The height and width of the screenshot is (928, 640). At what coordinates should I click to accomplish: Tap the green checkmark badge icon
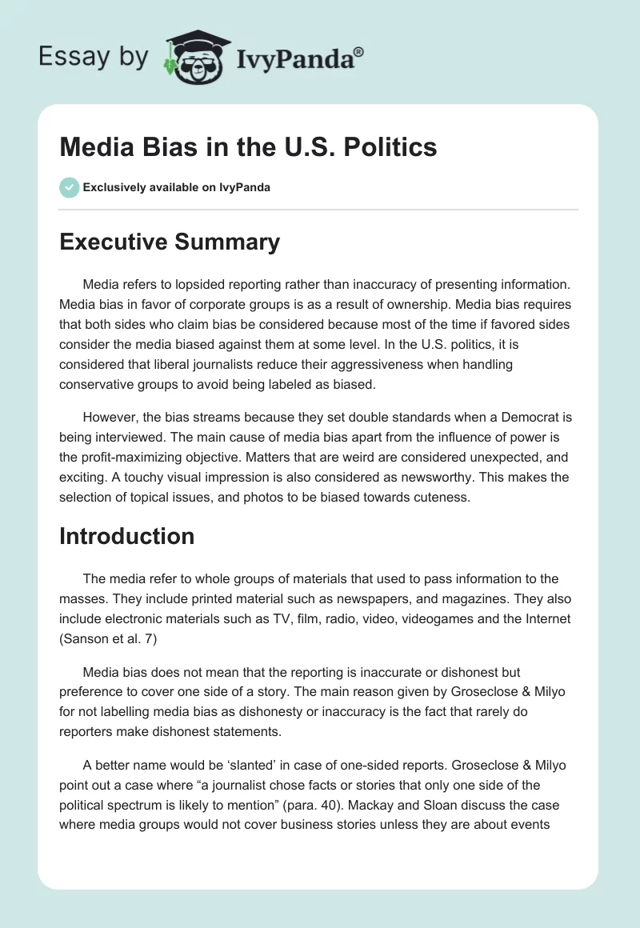click(x=69, y=187)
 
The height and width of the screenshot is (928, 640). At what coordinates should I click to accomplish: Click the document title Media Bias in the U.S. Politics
click(x=248, y=147)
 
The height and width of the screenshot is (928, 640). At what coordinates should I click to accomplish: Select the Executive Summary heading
click(x=170, y=242)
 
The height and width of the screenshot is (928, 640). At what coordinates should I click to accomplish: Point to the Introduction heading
click(x=126, y=535)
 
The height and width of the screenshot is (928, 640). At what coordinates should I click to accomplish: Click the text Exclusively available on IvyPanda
click(x=177, y=187)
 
